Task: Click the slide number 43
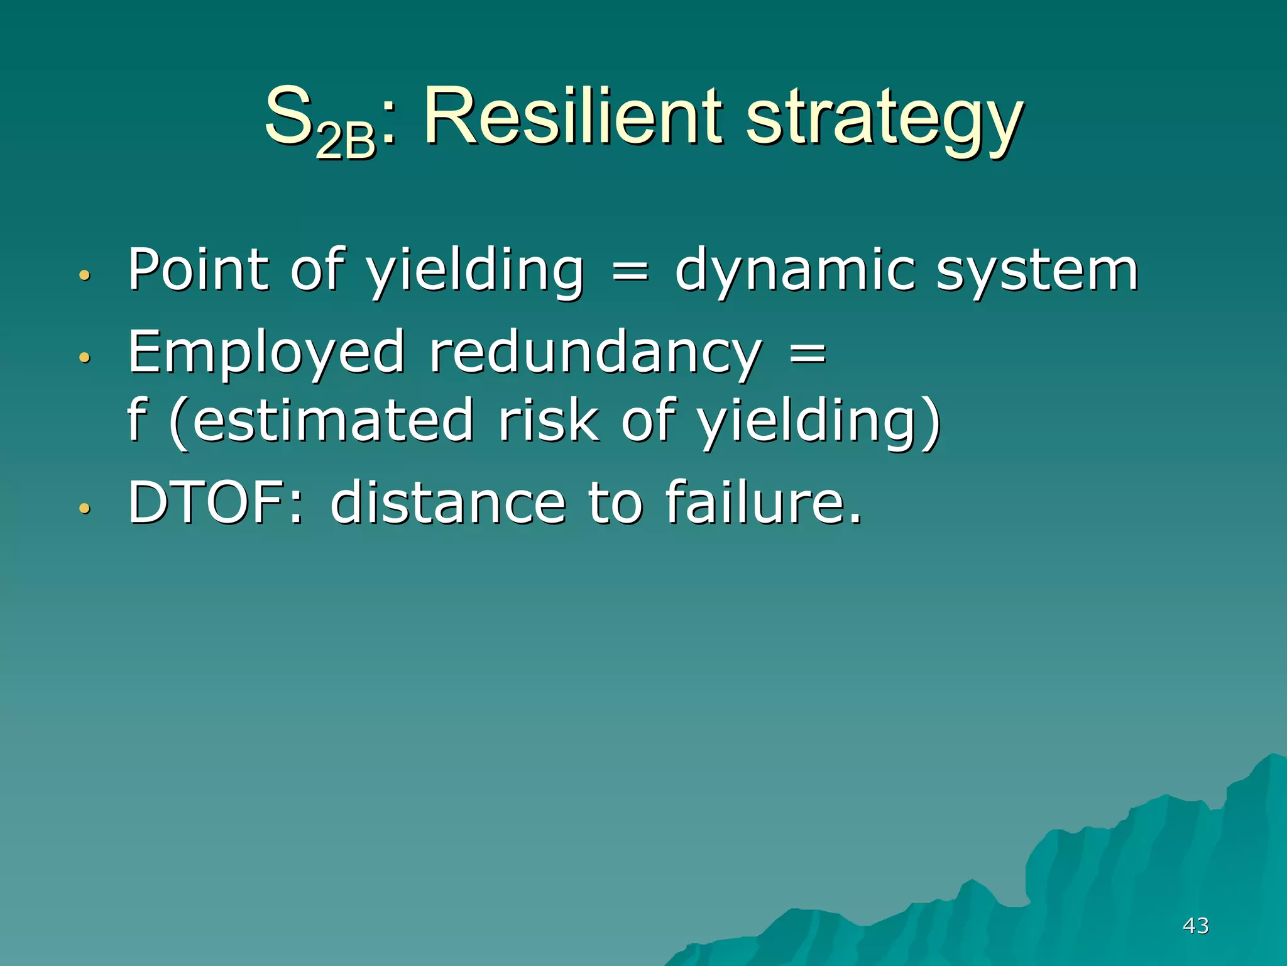(1195, 925)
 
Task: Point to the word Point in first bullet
(199, 270)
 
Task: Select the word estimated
(333, 421)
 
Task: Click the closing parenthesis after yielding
(932, 423)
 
